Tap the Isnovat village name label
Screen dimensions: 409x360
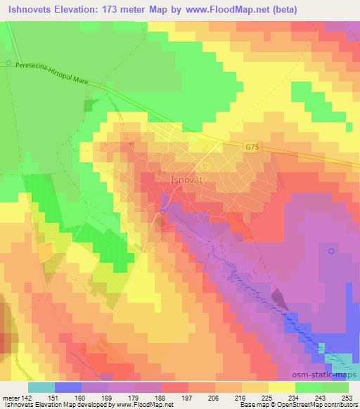point(188,180)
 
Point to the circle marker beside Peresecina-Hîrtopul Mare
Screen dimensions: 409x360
point(8,63)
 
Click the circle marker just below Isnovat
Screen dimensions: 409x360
point(163,212)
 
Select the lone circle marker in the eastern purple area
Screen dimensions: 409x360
point(331,250)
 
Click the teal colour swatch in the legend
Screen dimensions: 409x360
point(42,387)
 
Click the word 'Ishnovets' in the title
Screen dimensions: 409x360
point(27,10)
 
